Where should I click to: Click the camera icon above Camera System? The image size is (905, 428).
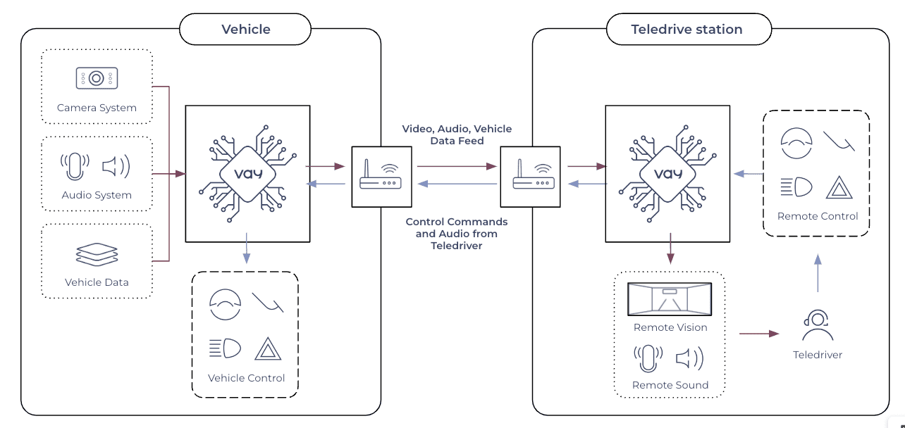97,78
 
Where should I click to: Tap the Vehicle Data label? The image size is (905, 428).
97,282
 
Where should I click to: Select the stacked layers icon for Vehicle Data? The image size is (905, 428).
97,255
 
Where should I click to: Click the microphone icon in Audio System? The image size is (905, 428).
75,166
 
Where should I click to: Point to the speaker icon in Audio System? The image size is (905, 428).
116,166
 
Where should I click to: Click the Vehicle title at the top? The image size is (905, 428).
245,30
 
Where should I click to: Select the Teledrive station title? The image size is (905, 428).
687,30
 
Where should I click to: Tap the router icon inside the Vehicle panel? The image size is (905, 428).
381,176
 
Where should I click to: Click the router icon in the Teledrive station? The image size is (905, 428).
529,176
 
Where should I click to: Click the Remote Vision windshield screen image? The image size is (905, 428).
670,299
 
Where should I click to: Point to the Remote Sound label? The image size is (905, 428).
670,385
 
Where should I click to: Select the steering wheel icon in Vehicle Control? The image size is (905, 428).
225,303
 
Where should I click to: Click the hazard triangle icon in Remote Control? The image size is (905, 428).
839,187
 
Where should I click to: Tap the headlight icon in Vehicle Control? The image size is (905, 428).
225,348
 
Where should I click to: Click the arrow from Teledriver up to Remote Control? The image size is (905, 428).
818,274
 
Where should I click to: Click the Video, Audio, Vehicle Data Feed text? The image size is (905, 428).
457,134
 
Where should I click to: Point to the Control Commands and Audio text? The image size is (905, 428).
457,234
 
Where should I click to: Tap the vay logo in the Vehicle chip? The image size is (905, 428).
247,173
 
